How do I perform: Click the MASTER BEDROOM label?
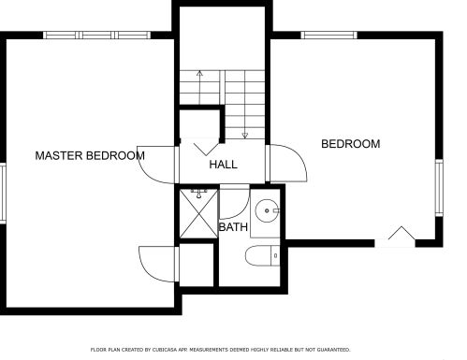point(90,155)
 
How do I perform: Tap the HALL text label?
point(223,165)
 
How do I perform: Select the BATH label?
point(233,227)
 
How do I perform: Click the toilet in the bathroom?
point(262,255)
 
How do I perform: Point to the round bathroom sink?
point(267,210)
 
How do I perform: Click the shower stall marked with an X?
point(198,213)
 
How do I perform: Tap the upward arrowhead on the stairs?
point(199,74)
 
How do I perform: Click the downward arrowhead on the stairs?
point(245,136)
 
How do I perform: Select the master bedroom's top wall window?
point(96,35)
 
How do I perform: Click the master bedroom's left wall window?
point(3,193)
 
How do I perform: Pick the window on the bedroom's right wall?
point(439,188)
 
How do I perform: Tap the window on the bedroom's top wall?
point(329,35)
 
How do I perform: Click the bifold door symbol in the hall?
point(206,150)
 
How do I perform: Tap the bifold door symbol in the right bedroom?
point(401,233)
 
